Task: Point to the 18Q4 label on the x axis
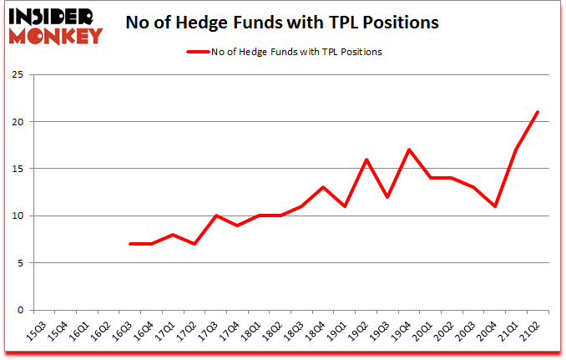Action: click(x=320, y=332)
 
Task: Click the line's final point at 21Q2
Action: click(x=538, y=112)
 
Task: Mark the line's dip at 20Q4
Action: click(x=494, y=206)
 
